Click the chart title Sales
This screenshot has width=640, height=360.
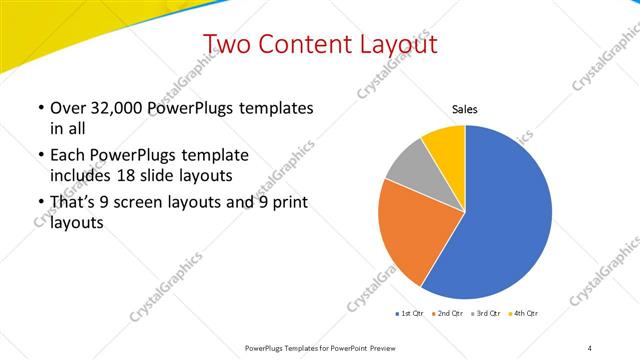click(464, 108)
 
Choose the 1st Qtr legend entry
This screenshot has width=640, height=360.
click(409, 314)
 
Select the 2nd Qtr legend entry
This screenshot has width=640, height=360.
click(446, 314)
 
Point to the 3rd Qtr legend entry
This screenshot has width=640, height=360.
click(485, 314)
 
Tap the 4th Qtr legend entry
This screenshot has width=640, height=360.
click(523, 314)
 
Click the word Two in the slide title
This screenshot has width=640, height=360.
click(225, 44)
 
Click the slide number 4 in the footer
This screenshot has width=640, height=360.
click(589, 347)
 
